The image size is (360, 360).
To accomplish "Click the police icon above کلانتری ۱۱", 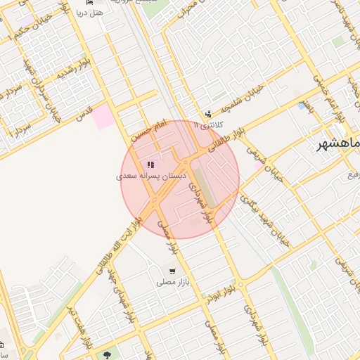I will [207, 114].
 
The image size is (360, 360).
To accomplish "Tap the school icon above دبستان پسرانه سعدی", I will [150, 165].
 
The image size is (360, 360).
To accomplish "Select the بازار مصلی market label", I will [172, 282].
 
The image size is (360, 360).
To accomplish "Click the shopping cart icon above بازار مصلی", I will [172, 271].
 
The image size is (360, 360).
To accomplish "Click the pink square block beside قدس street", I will [104, 116].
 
